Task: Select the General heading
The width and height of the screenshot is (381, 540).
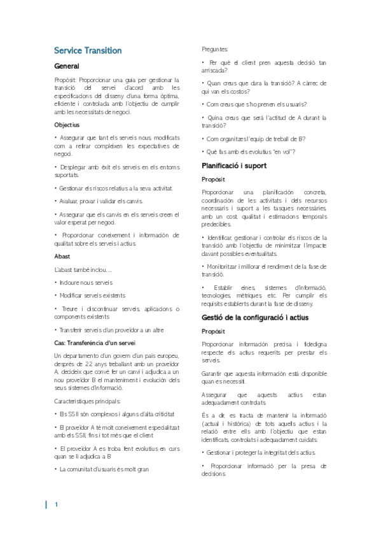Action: click(x=67, y=66)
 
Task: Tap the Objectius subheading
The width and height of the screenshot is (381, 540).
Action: click(x=67, y=125)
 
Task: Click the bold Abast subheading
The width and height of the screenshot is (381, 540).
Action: click(x=62, y=256)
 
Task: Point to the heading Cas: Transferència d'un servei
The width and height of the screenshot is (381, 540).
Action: click(x=95, y=343)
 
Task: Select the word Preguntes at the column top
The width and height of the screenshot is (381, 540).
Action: click(x=216, y=49)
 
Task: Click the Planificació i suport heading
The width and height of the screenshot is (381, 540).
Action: click(x=233, y=166)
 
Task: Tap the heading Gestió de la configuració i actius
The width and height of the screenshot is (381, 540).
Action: click(x=254, y=317)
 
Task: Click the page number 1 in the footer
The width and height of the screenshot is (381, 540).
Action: click(x=57, y=505)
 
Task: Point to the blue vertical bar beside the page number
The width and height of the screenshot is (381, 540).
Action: click(x=46, y=505)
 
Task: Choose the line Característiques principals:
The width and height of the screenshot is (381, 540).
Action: click(x=87, y=401)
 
